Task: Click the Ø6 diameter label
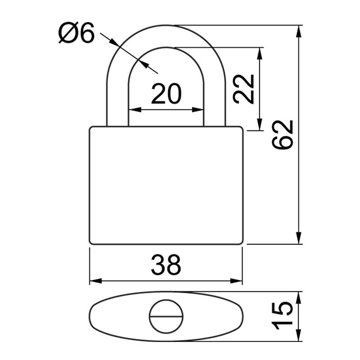click(x=76, y=33)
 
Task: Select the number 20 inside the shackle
click(x=166, y=94)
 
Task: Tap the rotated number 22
click(x=243, y=89)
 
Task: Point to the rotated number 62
click(x=282, y=135)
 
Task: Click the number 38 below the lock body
click(x=166, y=265)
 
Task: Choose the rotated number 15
click(x=282, y=315)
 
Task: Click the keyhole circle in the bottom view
click(x=166, y=316)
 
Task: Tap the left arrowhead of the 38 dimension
click(x=95, y=281)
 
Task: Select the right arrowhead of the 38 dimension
click(x=237, y=281)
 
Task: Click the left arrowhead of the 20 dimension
click(x=135, y=110)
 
